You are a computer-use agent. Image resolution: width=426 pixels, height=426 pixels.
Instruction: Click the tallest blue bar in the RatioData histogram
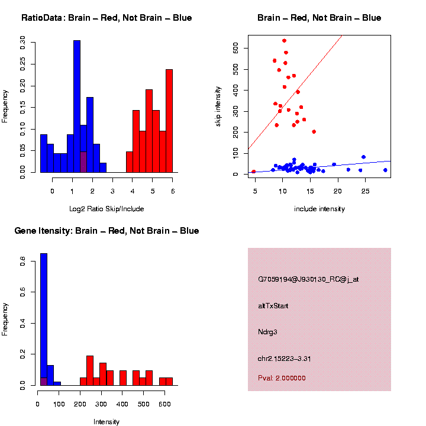click(77, 106)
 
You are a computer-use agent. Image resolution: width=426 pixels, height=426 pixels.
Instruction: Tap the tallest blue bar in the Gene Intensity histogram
click(43, 319)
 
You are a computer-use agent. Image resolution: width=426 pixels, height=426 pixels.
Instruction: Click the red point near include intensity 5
click(254, 172)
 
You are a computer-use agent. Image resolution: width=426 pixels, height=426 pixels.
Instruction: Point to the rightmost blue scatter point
click(385, 170)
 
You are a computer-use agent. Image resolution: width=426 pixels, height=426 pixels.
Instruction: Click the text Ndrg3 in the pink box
click(268, 332)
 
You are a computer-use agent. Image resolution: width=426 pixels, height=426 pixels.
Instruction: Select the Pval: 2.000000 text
click(282, 378)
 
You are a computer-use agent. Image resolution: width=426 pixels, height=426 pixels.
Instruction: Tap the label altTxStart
click(273, 306)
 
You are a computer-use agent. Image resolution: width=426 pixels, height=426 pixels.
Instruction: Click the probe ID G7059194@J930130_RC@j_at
click(308, 279)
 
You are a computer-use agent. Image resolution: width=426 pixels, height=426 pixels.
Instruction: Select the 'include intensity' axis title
click(319, 209)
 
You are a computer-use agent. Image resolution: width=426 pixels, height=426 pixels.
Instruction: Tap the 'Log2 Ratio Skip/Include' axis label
click(106, 209)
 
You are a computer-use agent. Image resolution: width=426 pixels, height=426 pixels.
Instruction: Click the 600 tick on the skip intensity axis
click(235, 48)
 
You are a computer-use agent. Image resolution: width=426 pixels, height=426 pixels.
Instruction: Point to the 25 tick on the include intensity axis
click(365, 191)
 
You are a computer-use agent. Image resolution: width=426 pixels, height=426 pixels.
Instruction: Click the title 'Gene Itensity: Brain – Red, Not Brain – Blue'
click(106, 231)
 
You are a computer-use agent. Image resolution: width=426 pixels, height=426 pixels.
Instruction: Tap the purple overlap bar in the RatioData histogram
click(83, 162)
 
